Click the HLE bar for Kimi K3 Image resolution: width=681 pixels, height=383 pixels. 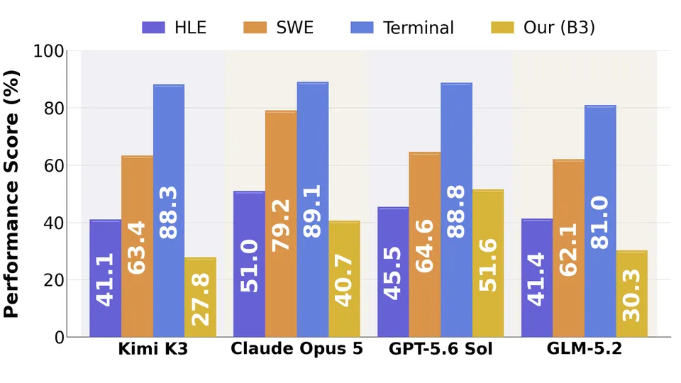(x=106, y=278)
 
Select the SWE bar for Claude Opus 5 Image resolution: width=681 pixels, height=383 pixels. (x=281, y=223)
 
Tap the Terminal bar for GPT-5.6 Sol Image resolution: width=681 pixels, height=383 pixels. (x=456, y=210)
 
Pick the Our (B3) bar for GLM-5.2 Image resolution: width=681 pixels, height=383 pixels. (x=632, y=294)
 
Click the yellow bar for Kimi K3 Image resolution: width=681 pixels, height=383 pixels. (x=200, y=297)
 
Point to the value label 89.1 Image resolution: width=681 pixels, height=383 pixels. (x=312, y=211)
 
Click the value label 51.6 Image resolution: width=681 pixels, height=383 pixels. (x=488, y=265)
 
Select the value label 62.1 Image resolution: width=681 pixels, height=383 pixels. (x=568, y=250)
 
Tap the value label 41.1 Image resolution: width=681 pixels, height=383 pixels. (x=105, y=279)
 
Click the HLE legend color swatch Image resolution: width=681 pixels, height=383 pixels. (x=154, y=28)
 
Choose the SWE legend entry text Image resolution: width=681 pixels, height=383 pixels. (x=295, y=28)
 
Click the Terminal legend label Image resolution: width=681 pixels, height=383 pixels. (x=419, y=28)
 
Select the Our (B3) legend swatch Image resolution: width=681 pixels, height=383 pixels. (x=502, y=28)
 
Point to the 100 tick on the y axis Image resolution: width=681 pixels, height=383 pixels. (x=49, y=51)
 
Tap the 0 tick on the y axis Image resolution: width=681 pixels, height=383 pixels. (x=60, y=338)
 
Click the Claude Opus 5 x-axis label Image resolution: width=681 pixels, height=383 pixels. (x=297, y=349)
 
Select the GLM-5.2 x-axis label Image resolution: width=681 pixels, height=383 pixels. (x=584, y=348)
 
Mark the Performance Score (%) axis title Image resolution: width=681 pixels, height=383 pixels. (x=11, y=194)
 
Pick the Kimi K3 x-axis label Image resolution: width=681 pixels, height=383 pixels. (x=153, y=349)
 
